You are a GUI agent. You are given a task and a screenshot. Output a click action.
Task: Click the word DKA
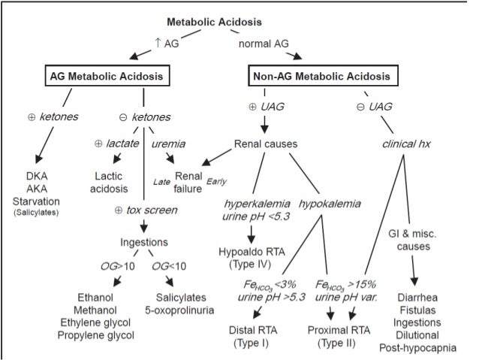[x=47, y=177]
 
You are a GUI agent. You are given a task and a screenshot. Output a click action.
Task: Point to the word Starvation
[x=47, y=201]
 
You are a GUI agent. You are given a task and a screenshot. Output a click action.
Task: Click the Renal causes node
[x=264, y=142]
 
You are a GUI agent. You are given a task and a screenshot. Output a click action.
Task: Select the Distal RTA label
[x=256, y=328]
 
